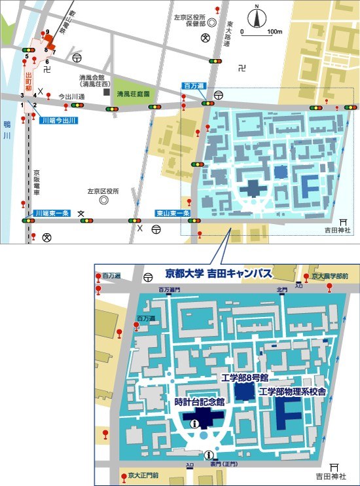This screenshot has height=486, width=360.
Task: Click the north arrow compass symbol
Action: [257, 18]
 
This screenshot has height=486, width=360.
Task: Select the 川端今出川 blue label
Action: [58, 121]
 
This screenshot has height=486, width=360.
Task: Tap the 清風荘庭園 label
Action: [134, 94]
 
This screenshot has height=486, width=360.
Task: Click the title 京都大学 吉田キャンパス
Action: [219, 274]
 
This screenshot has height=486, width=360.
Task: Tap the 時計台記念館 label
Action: [200, 402]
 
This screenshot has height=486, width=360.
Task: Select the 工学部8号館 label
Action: [245, 379]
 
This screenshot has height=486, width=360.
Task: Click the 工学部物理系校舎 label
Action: [293, 392]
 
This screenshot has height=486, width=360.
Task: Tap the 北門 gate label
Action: [281, 289]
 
